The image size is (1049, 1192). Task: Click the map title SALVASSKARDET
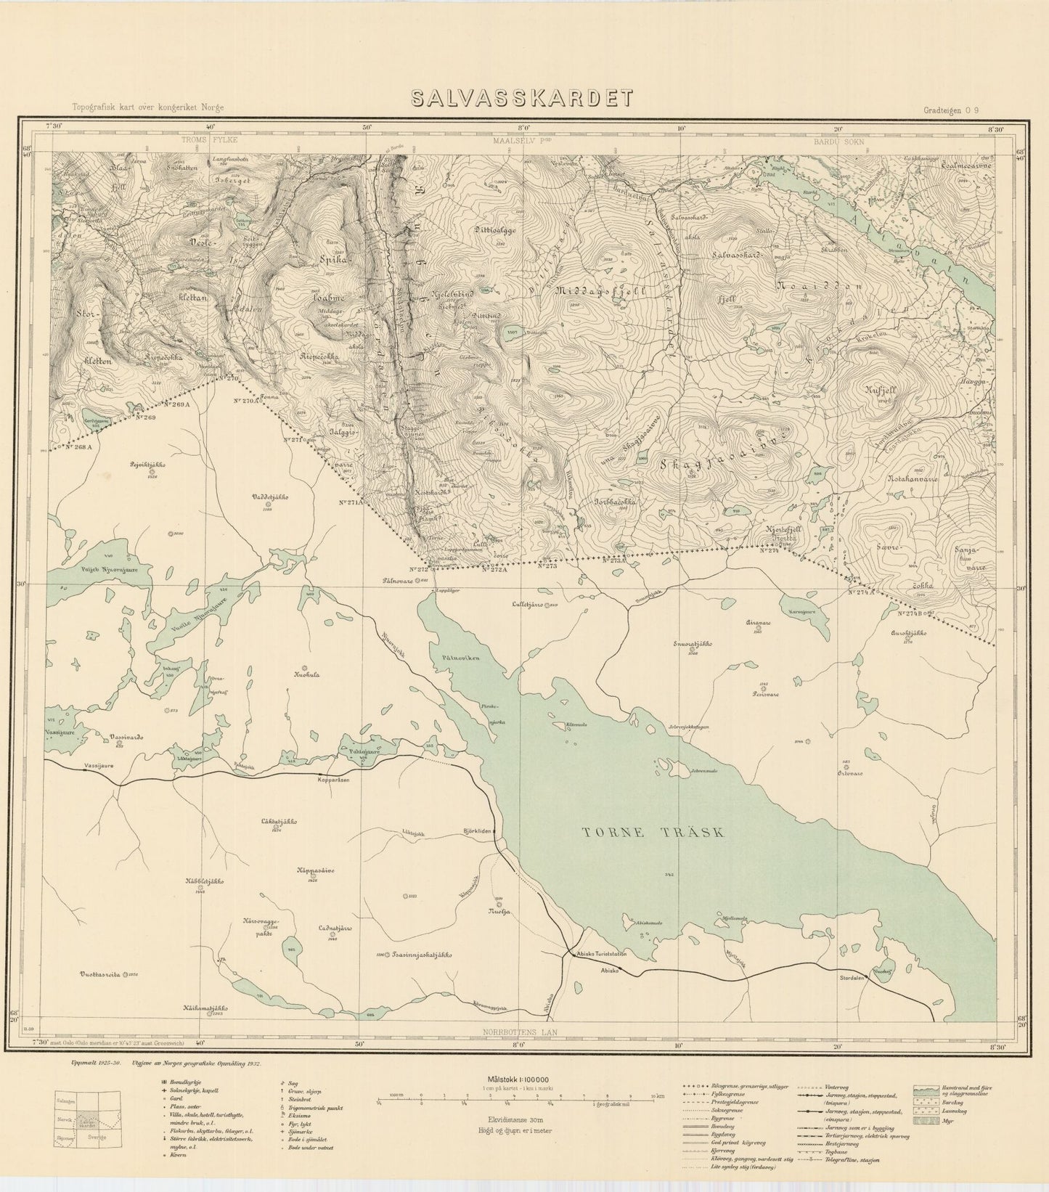(x=521, y=99)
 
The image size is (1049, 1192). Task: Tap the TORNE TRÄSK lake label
(x=653, y=833)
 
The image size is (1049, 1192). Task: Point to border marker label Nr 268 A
(x=79, y=448)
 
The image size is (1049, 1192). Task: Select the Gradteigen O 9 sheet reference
(x=951, y=110)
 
